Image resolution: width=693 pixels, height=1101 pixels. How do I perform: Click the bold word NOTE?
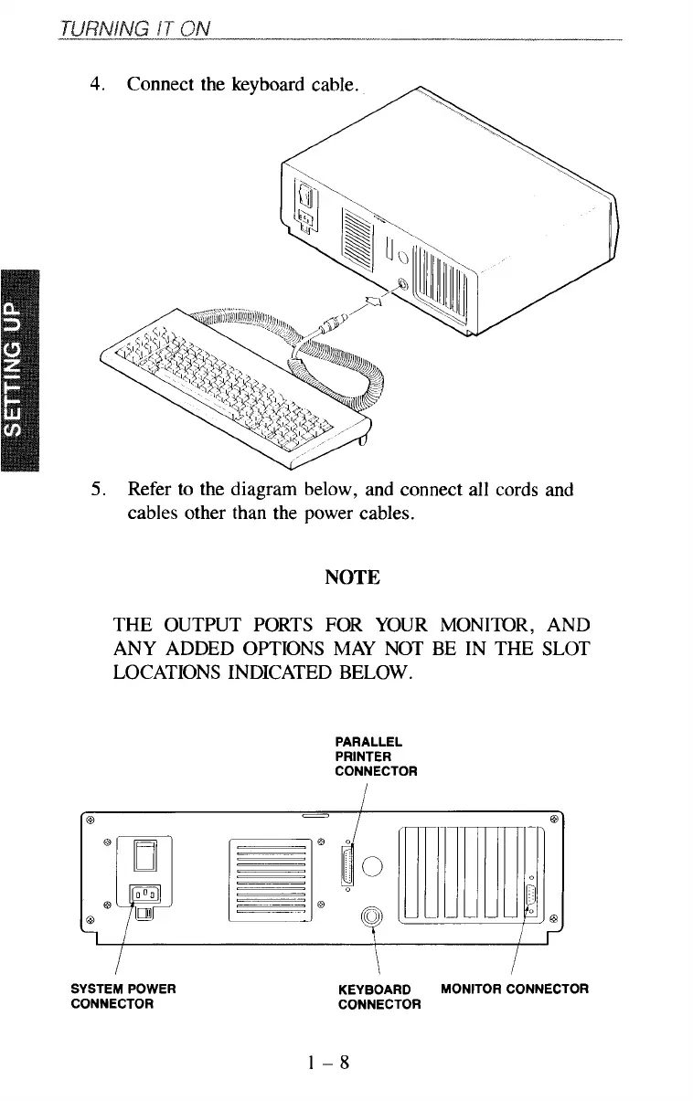pos(352,577)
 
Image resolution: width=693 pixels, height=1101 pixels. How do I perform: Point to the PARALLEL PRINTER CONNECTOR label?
pos(378,757)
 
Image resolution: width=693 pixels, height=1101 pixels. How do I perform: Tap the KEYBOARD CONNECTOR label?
pos(378,997)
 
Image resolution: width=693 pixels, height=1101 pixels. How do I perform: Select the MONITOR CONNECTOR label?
pos(514,989)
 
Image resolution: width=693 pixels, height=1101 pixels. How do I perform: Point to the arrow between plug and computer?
pos(374,302)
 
